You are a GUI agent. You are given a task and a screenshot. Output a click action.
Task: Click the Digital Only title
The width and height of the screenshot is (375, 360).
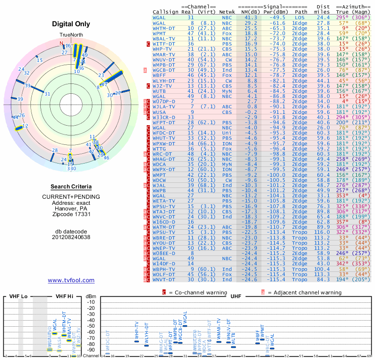pos(71,24)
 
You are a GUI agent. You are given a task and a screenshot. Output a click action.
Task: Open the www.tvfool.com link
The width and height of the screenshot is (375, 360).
pos(71,280)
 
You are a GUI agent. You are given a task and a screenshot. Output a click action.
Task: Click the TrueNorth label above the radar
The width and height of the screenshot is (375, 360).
pos(71,35)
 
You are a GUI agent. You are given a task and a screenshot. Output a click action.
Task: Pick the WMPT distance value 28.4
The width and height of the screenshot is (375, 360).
pos(323,33)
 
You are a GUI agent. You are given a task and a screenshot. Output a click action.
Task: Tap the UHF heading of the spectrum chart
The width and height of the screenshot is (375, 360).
pos(236,296)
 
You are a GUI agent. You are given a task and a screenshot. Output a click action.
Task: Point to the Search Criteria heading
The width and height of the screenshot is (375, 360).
pos(71,187)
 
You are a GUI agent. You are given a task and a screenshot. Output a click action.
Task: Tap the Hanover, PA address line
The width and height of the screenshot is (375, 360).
pos(71,208)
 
